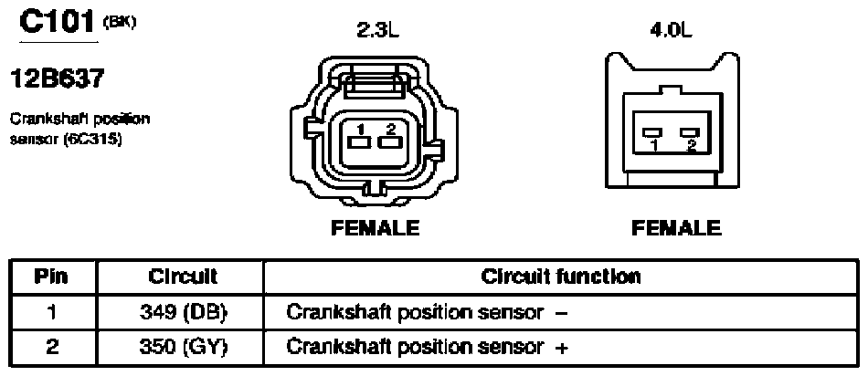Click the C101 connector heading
click(58, 22)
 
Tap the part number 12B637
click(57, 79)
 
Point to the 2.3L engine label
click(377, 31)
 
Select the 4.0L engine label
click(672, 31)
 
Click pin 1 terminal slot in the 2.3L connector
click(360, 142)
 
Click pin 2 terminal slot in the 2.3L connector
click(390, 142)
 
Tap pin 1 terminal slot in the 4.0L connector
click(653, 132)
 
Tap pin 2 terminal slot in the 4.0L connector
click(691, 132)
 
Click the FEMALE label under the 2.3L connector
click(375, 228)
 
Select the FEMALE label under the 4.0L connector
click(676, 228)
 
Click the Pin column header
click(51, 277)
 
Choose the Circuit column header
click(183, 277)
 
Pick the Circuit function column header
click(561, 277)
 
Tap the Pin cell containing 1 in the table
click(51, 312)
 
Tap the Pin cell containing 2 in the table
click(51, 347)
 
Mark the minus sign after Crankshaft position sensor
click(561, 313)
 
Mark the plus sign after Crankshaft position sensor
click(561, 348)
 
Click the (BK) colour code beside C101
click(120, 22)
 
